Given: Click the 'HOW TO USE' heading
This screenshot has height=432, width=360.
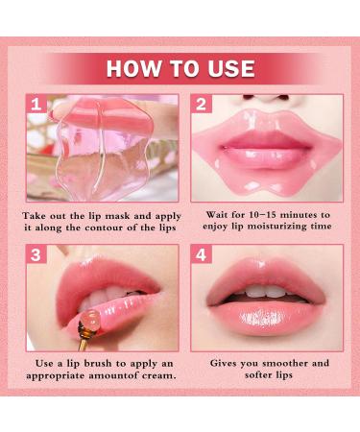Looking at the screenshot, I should click(x=180, y=68).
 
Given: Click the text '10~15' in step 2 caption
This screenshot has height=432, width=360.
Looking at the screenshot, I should click(x=265, y=216).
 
